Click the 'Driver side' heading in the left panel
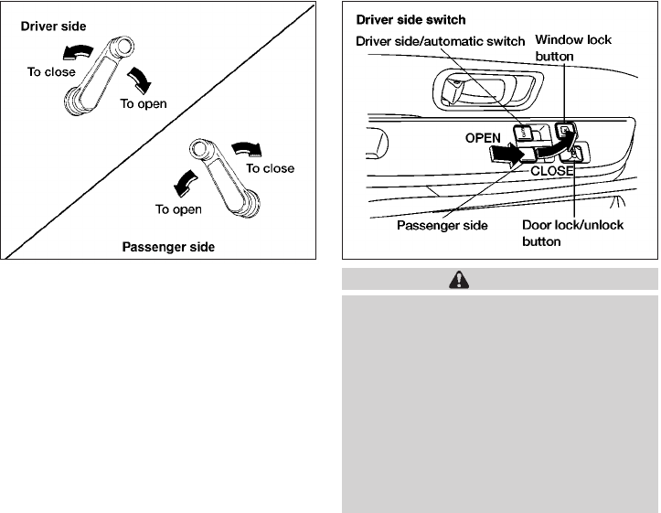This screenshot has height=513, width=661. [54, 28]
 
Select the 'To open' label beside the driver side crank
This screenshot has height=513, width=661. [144, 103]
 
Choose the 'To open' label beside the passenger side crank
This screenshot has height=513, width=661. [177, 209]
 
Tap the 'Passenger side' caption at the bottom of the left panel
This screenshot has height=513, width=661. [168, 247]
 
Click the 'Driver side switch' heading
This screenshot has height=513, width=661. [410, 21]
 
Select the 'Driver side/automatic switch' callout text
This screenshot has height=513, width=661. [440, 41]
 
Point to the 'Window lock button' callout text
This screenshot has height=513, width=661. [572, 48]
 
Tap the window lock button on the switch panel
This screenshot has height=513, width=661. [567, 131]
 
